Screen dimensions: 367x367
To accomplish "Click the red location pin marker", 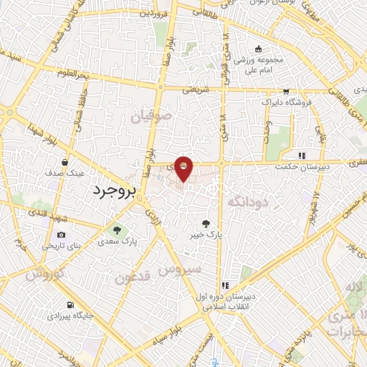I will tap(183, 168).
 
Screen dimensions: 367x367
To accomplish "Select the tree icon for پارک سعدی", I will tap(117, 230).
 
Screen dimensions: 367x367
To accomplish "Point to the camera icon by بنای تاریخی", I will tap(61, 234).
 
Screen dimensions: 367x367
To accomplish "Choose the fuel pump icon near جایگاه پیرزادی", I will tap(70, 304).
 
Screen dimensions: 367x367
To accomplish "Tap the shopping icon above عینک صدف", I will tap(65, 162).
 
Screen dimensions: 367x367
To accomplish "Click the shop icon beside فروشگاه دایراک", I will tap(286, 92).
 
